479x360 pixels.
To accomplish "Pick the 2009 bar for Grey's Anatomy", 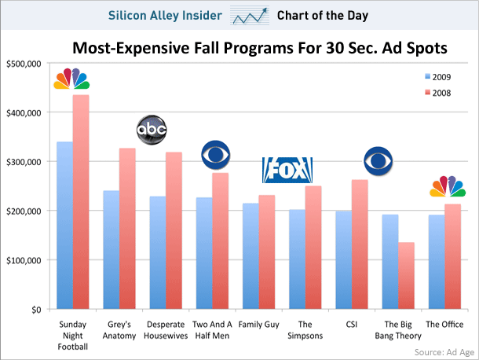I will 111,250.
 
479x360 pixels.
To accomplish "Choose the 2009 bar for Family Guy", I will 250,256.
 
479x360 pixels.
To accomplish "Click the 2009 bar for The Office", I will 436,262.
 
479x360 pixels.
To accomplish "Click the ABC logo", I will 152,130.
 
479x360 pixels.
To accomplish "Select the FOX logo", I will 287,169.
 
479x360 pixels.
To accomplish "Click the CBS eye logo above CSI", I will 380,161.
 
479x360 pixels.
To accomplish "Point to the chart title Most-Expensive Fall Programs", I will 259,49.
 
